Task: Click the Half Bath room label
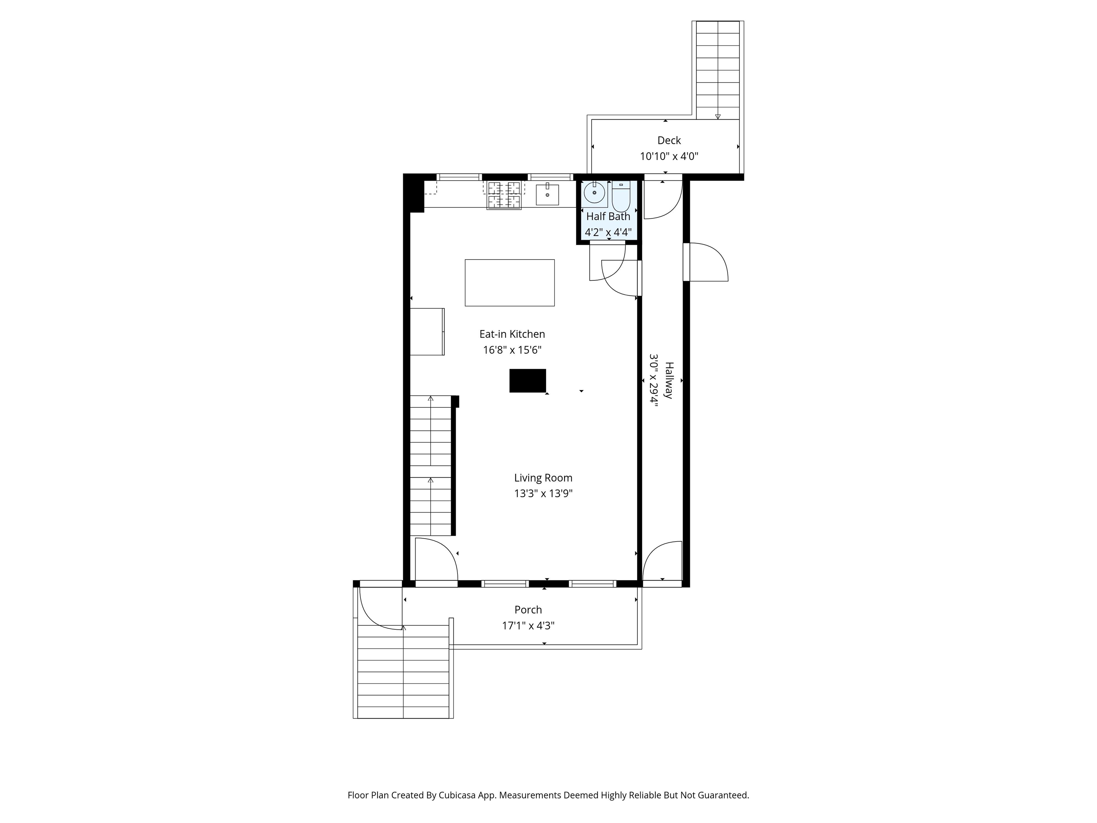tap(608, 216)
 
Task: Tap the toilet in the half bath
tap(621, 196)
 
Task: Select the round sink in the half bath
tap(594, 193)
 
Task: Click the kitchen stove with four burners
tap(504, 195)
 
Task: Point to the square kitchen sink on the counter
tap(547, 194)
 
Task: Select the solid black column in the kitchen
tap(528, 380)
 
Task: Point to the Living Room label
tap(543, 478)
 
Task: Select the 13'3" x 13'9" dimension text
tap(543, 494)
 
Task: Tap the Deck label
tap(669, 140)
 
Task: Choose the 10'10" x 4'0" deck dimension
tap(669, 156)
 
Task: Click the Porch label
tap(528, 610)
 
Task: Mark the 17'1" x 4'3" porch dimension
tap(528, 625)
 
